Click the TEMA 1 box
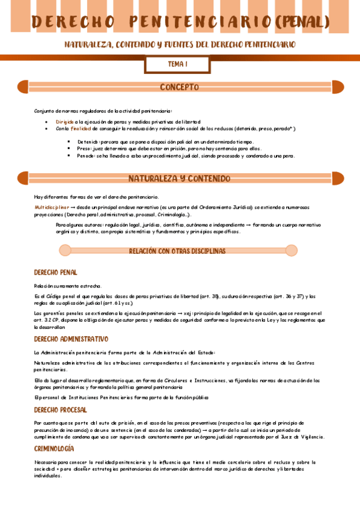click(178, 64)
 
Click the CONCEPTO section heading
click(179, 87)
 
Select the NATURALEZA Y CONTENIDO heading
click(179, 179)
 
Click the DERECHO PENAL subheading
click(55, 272)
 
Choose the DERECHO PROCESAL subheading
click(60, 410)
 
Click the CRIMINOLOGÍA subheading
click(54, 449)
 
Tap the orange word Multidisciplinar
click(52, 207)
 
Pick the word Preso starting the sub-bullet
click(84, 148)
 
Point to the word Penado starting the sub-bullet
click(87, 155)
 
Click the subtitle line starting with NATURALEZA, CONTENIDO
click(180, 45)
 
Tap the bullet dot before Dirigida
click(47, 121)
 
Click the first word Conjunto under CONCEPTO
click(44, 111)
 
